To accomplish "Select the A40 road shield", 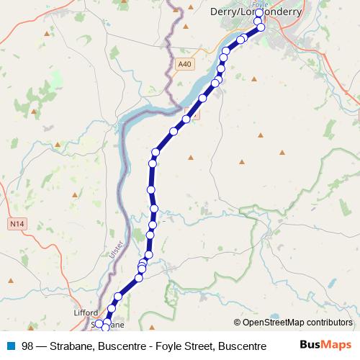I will [185, 64].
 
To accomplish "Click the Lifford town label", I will [85, 314].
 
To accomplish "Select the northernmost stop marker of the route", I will [258, 13].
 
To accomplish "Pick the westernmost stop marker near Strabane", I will [101, 325].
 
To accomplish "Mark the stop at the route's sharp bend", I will [155, 152].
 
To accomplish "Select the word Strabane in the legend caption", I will [71, 346].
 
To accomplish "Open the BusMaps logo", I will [325, 345].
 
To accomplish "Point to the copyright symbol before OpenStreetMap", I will [237, 323].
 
